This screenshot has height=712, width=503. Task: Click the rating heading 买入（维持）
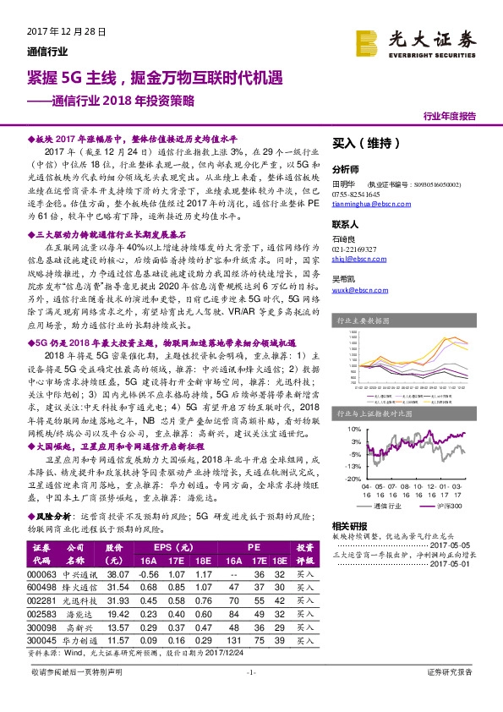pos(364,144)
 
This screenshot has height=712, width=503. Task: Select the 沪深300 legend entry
pos(454,506)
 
